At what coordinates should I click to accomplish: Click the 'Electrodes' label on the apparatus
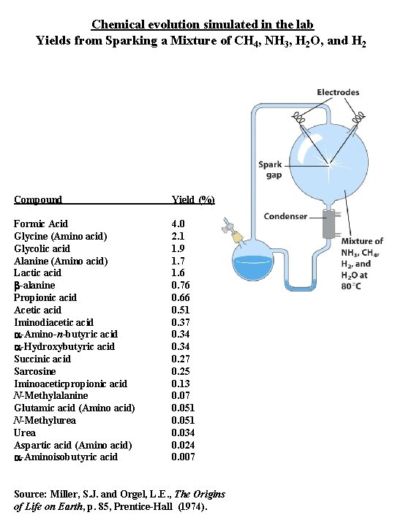[338, 92]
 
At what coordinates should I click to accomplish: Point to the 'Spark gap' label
[269, 169]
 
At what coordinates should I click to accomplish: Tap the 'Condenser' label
[285, 217]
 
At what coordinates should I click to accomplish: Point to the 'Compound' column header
[38, 199]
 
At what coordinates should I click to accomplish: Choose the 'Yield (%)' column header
[192, 199]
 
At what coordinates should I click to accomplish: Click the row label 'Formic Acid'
[41, 224]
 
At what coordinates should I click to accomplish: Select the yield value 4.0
[178, 224]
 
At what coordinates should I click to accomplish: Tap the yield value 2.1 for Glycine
[178, 236]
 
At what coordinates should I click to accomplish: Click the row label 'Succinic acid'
[42, 359]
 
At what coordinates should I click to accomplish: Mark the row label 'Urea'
[24, 432]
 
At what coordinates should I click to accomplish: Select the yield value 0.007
[183, 457]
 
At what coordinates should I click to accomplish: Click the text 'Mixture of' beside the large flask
[362, 241]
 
